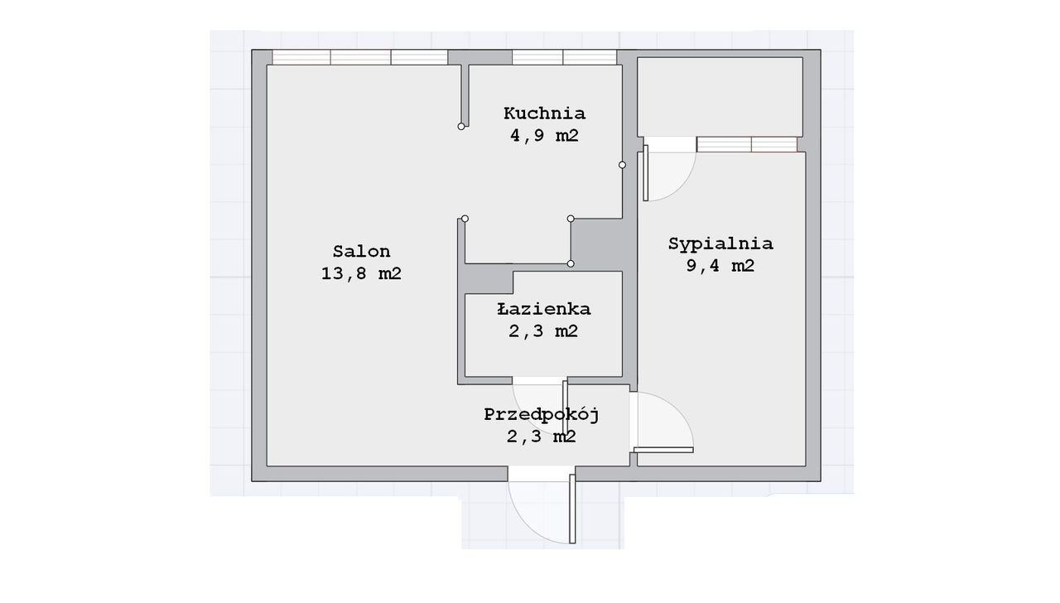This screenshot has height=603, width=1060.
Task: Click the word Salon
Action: point(362,251)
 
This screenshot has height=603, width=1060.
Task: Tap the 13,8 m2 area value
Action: point(362,273)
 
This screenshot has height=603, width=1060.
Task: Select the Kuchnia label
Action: point(544,113)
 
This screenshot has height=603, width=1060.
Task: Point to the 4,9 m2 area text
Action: point(544,135)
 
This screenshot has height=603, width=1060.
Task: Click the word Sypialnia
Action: point(720,244)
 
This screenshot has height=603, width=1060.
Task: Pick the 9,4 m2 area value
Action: point(720,266)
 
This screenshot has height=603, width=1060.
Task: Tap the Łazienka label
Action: point(544,309)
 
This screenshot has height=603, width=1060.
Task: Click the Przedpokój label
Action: point(542,414)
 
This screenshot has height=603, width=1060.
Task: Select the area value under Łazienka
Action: point(543,330)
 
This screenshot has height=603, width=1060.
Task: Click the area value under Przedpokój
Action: point(542,436)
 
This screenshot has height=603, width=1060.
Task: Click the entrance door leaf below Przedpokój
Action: point(572,509)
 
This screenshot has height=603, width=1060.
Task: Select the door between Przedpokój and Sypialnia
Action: point(663,450)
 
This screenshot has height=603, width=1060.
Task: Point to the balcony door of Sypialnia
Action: point(645,173)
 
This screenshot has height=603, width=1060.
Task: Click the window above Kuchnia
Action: point(564,57)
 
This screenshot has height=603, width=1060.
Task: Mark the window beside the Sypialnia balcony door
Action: point(747,144)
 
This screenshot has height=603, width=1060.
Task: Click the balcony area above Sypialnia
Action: point(720,97)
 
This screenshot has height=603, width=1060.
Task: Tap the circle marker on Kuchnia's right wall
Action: point(622,165)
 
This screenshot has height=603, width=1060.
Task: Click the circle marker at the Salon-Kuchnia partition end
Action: point(461,127)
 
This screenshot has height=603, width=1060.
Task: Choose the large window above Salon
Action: point(359,57)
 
